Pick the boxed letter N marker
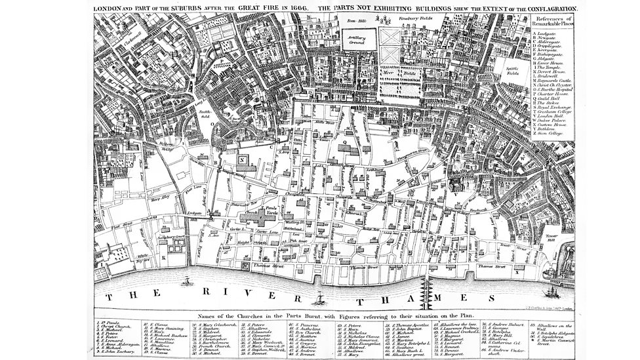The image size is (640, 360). [x=243, y=159]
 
